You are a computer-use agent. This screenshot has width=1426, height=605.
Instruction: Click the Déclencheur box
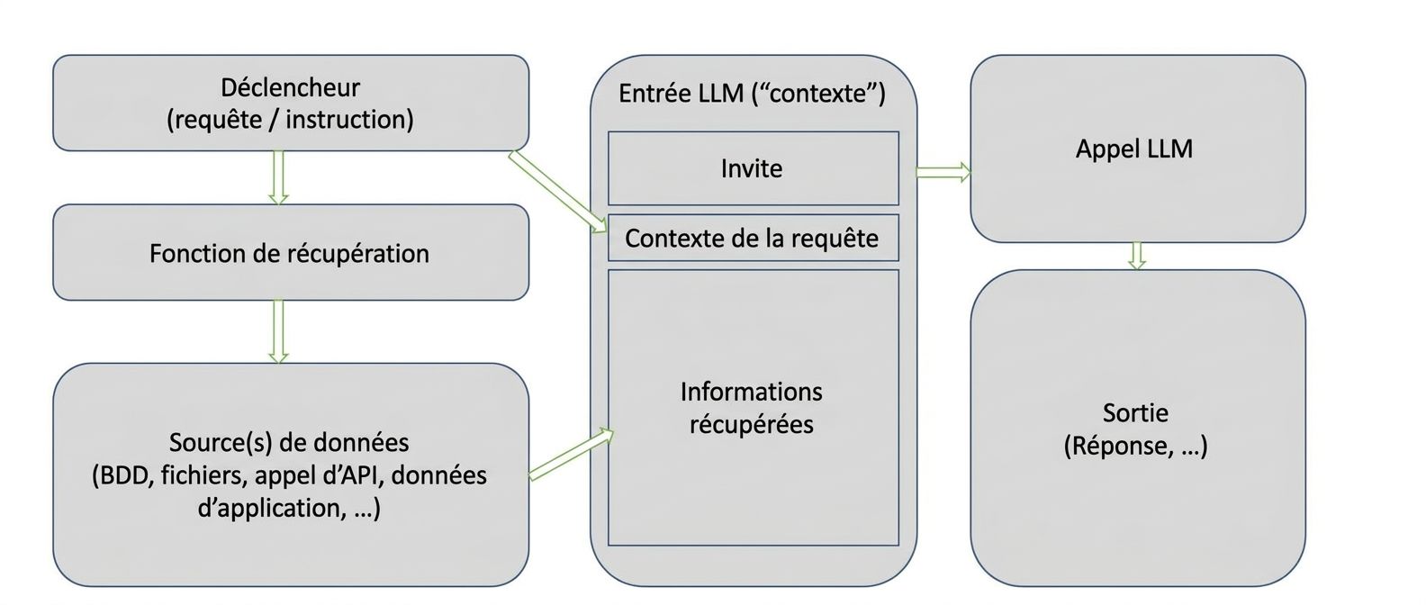click(x=290, y=103)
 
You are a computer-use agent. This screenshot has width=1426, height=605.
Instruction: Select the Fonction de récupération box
click(x=290, y=253)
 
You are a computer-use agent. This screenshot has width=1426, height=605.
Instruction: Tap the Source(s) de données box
click(x=290, y=474)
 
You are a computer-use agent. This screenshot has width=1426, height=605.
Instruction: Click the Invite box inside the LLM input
click(x=753, y=168)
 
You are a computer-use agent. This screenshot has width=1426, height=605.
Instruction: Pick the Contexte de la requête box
click(x=753, y=238)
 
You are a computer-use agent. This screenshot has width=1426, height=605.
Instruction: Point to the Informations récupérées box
click(x=753, y=408)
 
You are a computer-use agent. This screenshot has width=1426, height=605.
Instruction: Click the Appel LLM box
click(x=1136, y=149)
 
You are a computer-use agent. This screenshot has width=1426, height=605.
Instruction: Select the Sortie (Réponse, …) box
click(x=1136, y=429)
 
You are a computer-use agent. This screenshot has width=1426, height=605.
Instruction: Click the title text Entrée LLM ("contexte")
click(x=753, y=94)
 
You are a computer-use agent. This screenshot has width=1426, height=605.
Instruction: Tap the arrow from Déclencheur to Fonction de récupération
click(x=278, y=177)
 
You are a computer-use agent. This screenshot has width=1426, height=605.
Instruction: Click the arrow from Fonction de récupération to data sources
click(x=278, y=331)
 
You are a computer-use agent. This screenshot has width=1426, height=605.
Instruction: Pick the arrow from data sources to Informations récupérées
click(x=571, y=455)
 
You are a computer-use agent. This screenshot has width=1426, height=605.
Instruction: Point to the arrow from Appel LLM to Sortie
click(x=1137, y=256)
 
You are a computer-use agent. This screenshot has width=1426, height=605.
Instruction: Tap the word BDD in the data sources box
click(x=123, y=475)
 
